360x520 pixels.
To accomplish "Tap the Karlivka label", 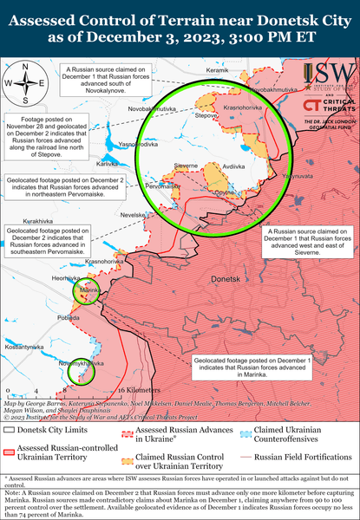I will [x=108, y=140].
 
